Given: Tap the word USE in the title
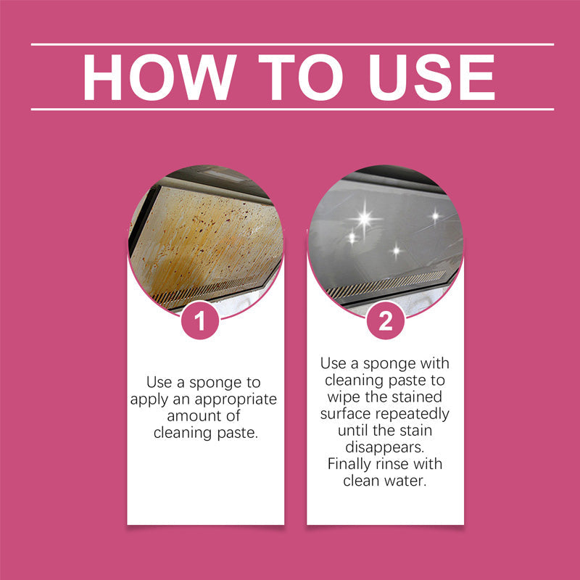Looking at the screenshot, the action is [x=432, y=77].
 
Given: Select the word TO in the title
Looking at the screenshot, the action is [x=300, y=77].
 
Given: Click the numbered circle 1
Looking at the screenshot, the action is [x=200, y=320].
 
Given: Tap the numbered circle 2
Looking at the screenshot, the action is [x=386, y=320].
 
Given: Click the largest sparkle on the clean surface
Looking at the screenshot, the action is [x=365, y=219].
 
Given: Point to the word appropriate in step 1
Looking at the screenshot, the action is [x=235, y=400].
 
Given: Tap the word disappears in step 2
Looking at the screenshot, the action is [x=385, y=447].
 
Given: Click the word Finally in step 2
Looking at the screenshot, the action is [x=349, y=465].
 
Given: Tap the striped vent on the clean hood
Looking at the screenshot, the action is [x=386, y=284].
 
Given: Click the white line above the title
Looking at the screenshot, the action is [x=293, y=44].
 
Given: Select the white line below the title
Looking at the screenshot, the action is [x=293, y=109].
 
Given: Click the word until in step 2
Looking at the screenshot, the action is [x=354, y=431].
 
